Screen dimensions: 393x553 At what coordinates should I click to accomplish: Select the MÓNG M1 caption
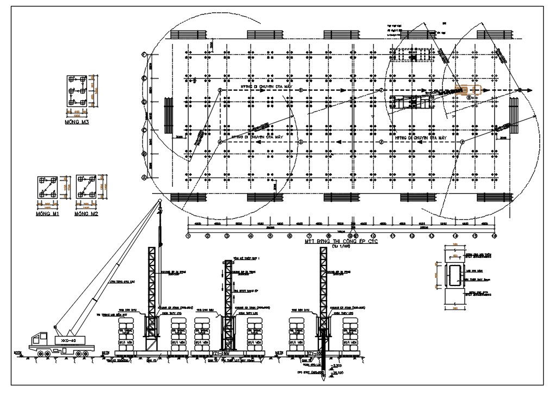48,214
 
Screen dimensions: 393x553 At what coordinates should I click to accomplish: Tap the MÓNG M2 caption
87,214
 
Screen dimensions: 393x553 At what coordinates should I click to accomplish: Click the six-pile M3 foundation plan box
78,92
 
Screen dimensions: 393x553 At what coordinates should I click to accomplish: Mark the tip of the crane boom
160,201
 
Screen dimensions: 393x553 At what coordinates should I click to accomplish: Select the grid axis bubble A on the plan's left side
144,178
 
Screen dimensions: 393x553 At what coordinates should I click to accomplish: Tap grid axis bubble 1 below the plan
188,236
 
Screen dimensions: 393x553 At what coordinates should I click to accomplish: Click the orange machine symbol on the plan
467,90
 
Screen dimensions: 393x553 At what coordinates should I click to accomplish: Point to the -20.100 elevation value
337,374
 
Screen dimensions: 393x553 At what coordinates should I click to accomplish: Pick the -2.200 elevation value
337,367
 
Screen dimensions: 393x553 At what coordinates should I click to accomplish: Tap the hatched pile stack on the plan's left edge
168,116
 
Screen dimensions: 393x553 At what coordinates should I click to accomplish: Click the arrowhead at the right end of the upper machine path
529,90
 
